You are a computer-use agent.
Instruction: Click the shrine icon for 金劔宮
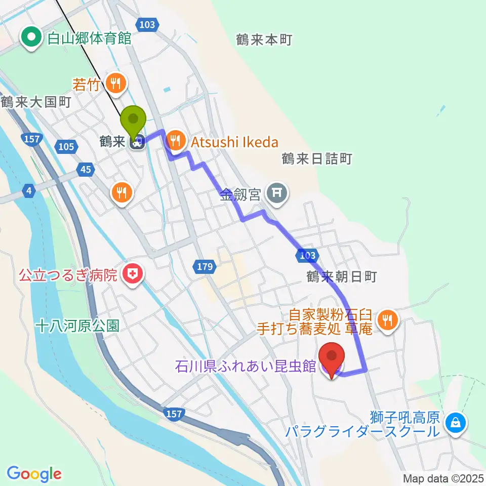(x=277, y=193)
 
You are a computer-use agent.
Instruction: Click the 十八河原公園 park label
(x=77, y=326)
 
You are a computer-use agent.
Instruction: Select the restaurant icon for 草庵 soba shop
(x=388, y=319)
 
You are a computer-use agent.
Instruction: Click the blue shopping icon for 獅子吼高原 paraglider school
(x=455, y=421)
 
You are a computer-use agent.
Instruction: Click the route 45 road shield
(x=86, y=169)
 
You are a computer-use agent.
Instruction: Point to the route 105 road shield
(x=66, y=147)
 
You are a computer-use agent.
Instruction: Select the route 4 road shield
(x=29, y=191)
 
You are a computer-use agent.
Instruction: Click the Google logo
(x=34, y=474)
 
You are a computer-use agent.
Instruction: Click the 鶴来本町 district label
(x=264, y=40)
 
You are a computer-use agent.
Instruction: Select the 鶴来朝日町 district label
(x=342, y=276)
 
